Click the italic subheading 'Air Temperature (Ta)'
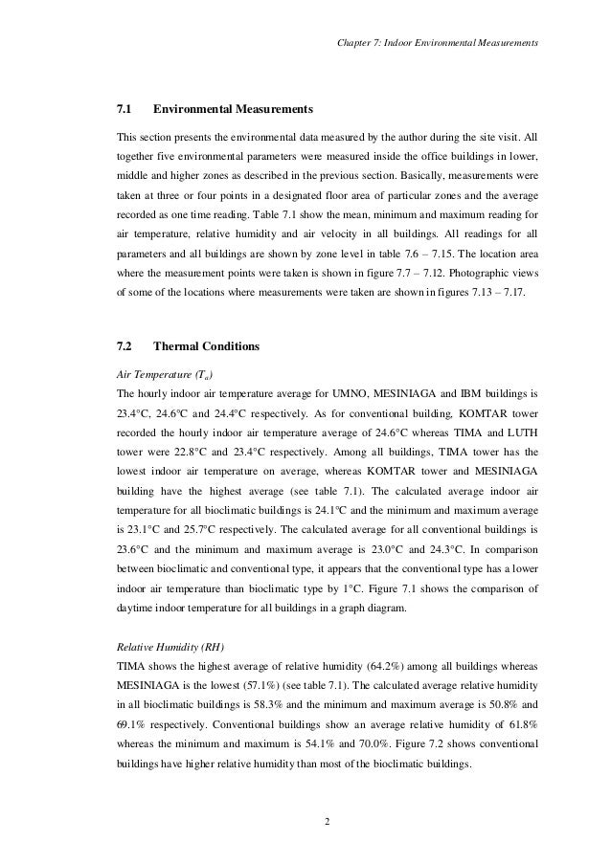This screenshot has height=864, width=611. tap(159, 372)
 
